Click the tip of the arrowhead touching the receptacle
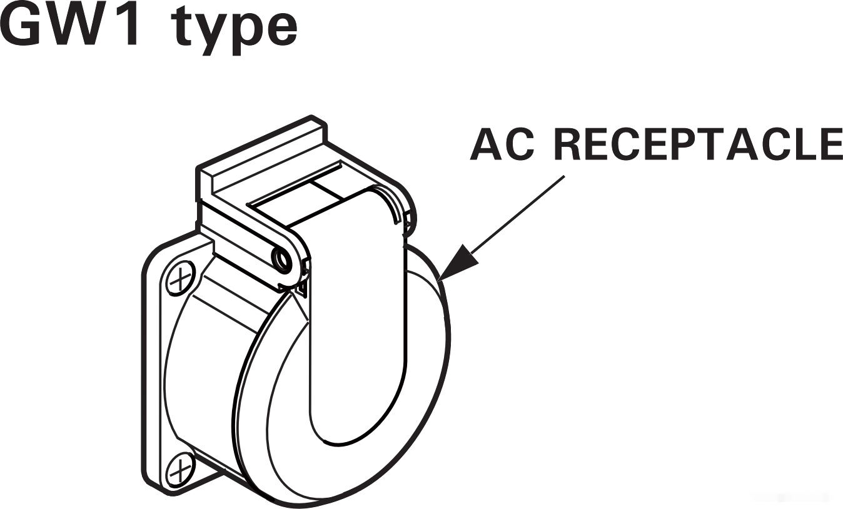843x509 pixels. (438, 281)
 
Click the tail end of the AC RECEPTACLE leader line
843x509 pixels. (565, 176)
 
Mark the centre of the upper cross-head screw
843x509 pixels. (181, 279)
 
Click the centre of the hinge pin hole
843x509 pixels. (281, 259)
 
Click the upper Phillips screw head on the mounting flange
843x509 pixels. (181, 279)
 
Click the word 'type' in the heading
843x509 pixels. (235, 32)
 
